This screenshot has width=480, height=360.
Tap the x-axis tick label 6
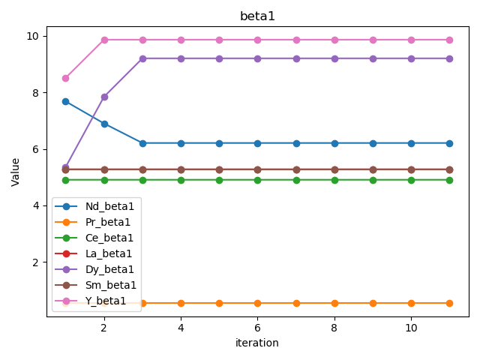(257, 328)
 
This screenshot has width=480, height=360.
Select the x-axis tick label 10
(411, 328)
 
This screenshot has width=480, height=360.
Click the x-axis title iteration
(257, 343)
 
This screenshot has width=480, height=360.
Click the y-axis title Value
(16, 171)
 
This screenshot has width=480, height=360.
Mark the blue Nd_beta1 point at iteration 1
(65, 101)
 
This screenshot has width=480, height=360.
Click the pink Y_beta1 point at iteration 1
(65, 78)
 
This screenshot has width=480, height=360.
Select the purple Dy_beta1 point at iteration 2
(104, 97)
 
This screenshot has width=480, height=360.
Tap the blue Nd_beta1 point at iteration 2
(104, 124)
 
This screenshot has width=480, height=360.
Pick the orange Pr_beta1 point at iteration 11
(449, 303)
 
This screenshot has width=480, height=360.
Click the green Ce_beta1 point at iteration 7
(296, 180)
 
